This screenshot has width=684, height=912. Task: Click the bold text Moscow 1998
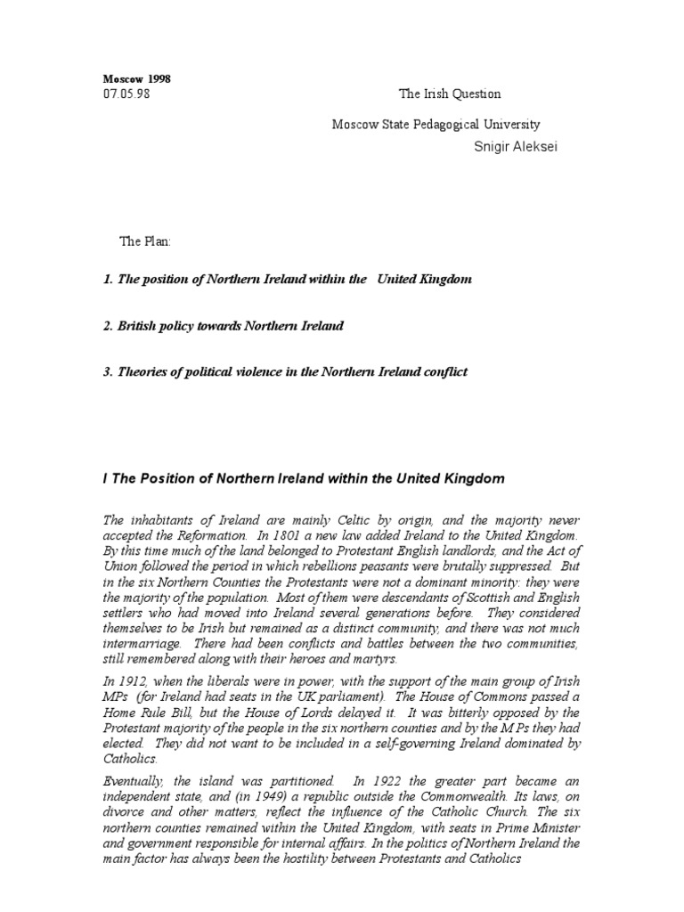[x=136, y=79]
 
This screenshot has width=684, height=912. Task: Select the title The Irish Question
[x=449, y=94]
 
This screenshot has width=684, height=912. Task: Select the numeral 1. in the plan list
[x=108, y=280]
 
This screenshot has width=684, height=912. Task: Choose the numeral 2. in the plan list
[x=108, y=326]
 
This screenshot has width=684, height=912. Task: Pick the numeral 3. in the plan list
[x=108, y=372]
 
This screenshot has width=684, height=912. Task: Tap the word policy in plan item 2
[x=180, y=326]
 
